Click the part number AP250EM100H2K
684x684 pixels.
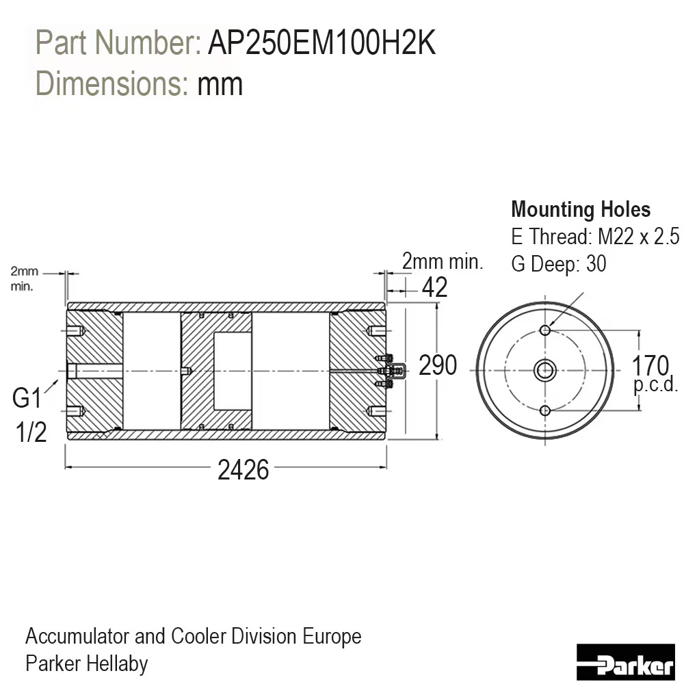coord(322,42)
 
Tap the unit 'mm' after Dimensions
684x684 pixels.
coord(220,84)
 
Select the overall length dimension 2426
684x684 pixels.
coord(243,471)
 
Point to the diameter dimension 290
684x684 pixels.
coord(438,365)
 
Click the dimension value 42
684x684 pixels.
coord(434,287)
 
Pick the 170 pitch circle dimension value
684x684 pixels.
coord(650,365)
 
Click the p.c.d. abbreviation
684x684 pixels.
coord(656,385)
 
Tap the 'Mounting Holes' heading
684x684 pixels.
coord(581,209)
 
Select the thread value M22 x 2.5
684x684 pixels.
coord(638,237)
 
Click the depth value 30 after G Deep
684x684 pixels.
coord(596,263)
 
